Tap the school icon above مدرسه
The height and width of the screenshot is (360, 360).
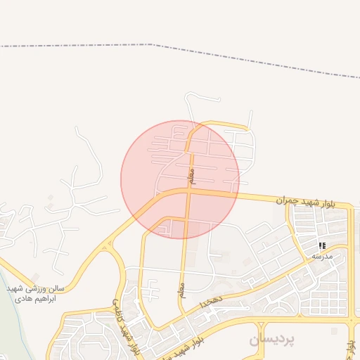point(322,245)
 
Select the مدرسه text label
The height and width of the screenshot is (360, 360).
point(322,256)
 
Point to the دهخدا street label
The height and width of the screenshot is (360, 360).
point(211,302)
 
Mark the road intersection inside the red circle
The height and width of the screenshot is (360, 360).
point(188,190)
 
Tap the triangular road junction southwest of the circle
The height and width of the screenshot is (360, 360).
point(106,245)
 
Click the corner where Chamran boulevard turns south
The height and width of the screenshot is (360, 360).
point(349,210)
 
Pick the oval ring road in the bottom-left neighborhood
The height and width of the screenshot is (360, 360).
point(88,345)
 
